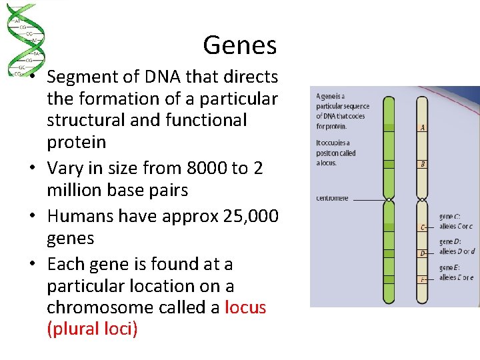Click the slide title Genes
click(x=239, y=45)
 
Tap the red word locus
click(x=245, y=307)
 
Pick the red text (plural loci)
click(x=93, y=329)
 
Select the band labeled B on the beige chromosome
click(x=422, y=164)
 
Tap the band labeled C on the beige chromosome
click(x=422, y=227)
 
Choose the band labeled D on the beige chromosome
click(x=422, y=253)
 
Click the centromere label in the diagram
click(x=332, y=198)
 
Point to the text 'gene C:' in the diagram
click(x=450, y=216)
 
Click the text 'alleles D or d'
click(x=457, y=251)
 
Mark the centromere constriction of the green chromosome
click(x=389, y=199)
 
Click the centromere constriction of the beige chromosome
click(x=422, y=199)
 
